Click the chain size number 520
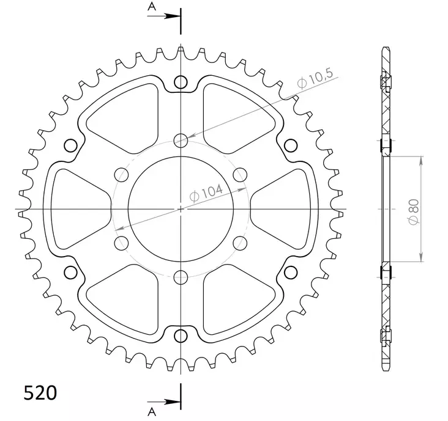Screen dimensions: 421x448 click(40, 392)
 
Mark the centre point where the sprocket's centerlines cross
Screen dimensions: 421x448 click(181, 209)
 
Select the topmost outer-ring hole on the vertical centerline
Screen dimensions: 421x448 click(181, 82)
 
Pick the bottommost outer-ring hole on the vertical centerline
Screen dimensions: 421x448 click(181, 335)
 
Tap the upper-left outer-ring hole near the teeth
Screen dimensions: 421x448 click(70, 145)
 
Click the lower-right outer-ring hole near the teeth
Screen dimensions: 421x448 click(291, 272)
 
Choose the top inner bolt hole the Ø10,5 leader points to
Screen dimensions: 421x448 click(181, 141)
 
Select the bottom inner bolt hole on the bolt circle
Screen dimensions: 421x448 click(181, 277)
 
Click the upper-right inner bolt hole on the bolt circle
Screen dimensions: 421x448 click(240, 175)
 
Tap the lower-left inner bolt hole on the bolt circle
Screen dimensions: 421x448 click(121, 243)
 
